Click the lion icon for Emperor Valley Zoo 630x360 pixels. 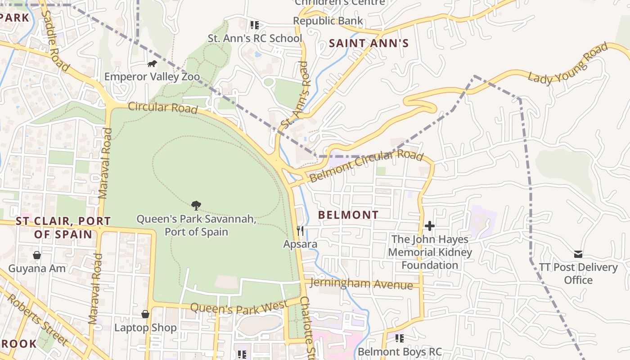[152, 64]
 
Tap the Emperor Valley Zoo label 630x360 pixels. [152, 76]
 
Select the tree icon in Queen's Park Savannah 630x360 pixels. [196, 206]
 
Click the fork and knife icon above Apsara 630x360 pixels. [300, 231]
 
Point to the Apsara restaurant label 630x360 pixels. [300, 244]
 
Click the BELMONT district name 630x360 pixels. [348, 215]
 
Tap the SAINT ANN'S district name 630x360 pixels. [369, 43]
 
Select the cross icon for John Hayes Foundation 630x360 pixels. [430, 225]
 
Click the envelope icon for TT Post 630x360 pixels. [578, 254]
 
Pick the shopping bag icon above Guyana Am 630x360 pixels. [37, 255]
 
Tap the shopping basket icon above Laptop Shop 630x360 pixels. [145, 314]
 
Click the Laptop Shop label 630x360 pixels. [145, 328]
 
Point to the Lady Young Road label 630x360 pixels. [568, 63]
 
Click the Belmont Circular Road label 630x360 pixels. [366, 166]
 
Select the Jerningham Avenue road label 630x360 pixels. [361, 284]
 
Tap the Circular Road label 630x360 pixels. [163, 108]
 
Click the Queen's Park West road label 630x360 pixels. [239, 308]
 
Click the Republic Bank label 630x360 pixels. [328, 21]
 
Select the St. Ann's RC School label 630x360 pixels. [255, 38]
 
